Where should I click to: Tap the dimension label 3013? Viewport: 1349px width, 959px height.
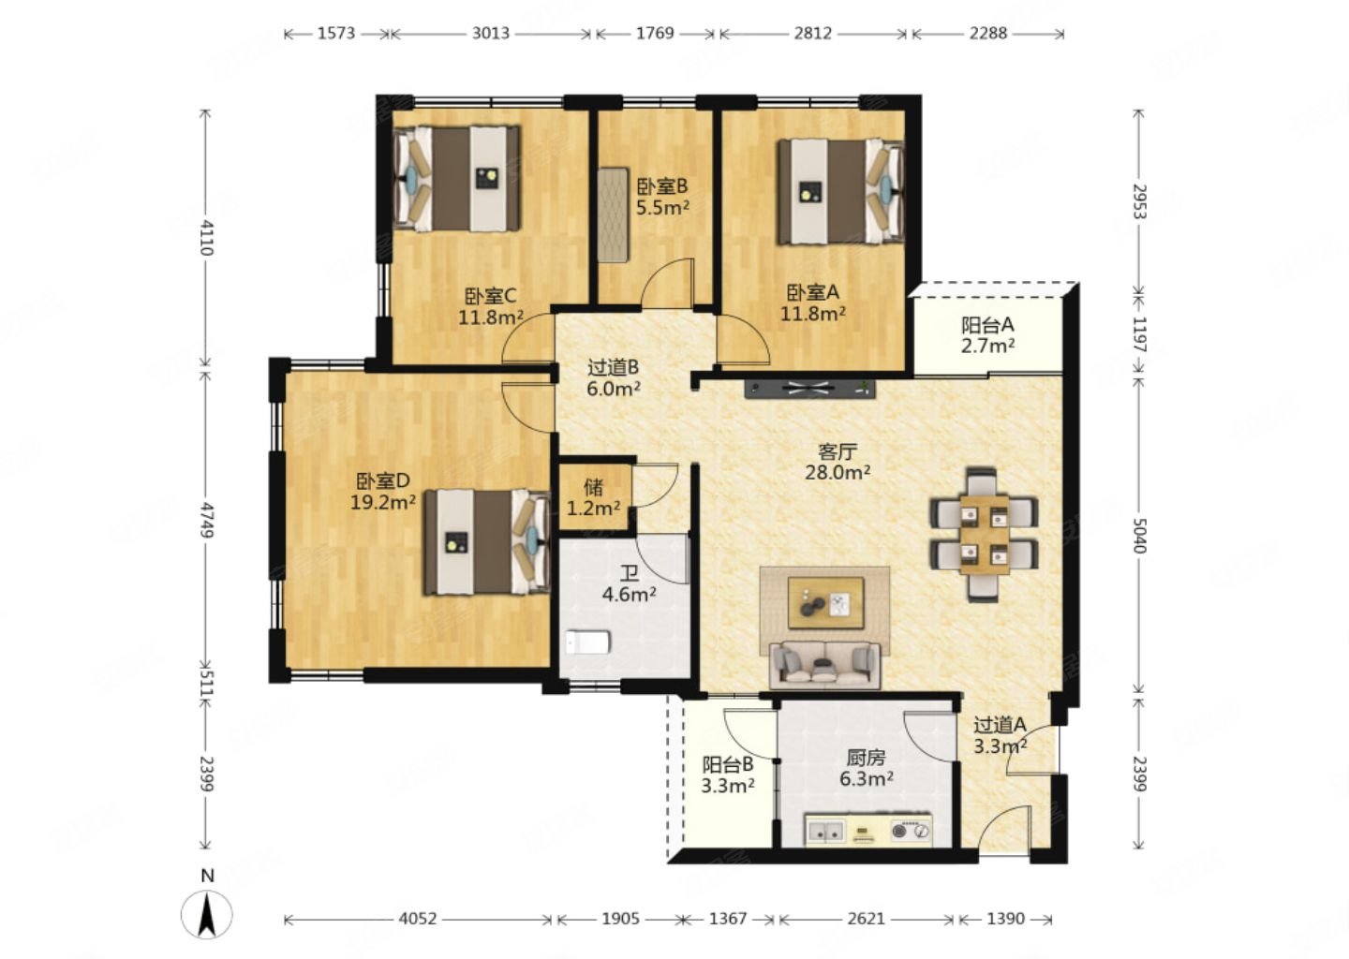[x=490, y=33]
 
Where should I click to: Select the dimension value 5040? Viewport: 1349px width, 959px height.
[x=1139, y=535]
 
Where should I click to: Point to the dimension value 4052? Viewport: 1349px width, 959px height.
[x=418, y=919]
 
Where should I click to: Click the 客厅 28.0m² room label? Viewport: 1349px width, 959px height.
[x=838, y=462]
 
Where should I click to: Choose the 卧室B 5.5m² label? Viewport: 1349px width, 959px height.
[x=662, y=197]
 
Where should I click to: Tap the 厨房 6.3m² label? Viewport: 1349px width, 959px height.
[x=866, y=768]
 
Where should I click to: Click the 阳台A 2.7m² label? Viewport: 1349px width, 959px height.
[x=987, y=334]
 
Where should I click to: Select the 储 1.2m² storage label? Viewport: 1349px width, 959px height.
[x=594, y=498]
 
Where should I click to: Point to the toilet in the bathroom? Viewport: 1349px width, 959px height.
[x=588, y=642]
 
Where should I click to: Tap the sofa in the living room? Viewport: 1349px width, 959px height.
[x=824, y=665]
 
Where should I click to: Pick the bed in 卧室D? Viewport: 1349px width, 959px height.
[x=486, y=542]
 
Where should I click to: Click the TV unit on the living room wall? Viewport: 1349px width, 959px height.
[x=810, y=389]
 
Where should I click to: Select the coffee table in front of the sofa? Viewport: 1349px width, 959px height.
[x=825, y=603]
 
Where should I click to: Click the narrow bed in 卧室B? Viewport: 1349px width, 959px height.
[x=613, y=214]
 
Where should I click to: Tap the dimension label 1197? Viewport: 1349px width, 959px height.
[x=1139, y=334]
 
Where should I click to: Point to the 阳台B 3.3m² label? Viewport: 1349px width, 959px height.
[x=728, y=775]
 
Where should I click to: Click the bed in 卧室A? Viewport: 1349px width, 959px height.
[x=840, y=191]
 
